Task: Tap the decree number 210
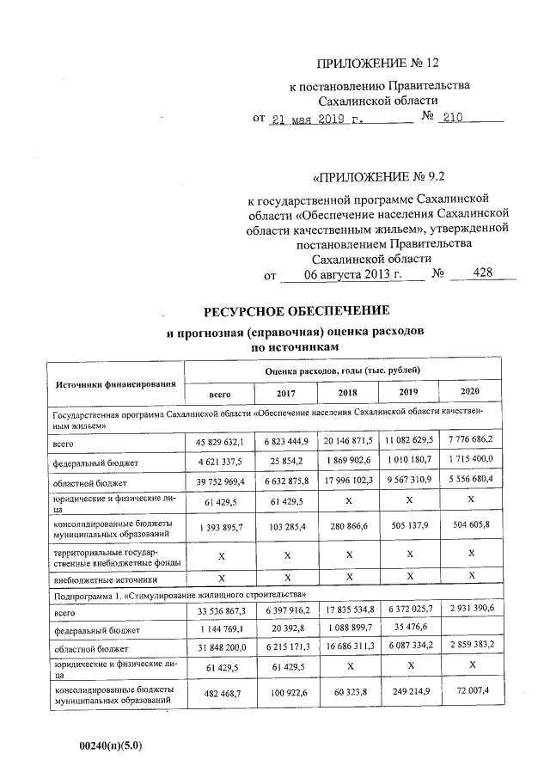[x=452, y=118]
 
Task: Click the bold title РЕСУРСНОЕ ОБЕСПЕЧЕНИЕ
[x=296, y=311]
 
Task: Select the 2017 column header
[x=285, y=393]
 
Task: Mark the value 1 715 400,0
[x=469, y=462]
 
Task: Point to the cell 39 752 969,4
[x=221, y=482]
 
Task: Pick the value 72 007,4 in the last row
[x=469, y=691]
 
